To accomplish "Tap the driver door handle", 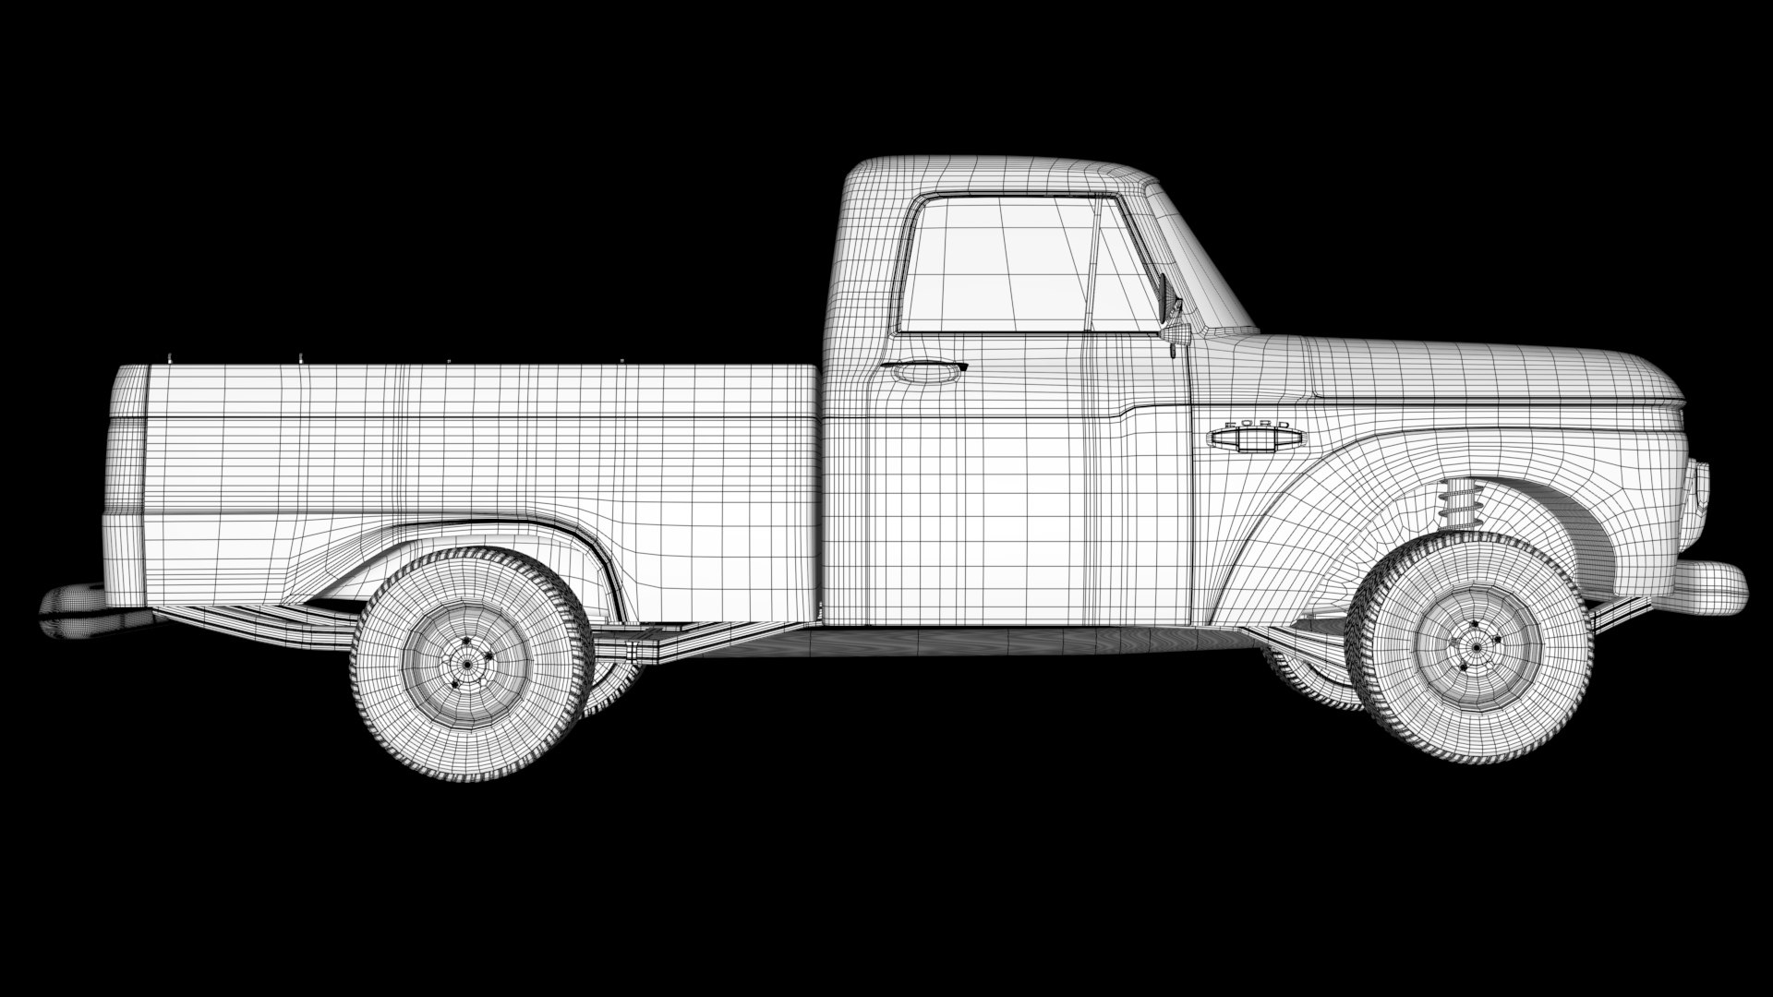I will pyautogui.click(x=923, y=371).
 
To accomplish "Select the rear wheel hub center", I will pyautogui.click(x=468, y=663).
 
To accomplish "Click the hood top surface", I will pyautogui.click(x=1477, y=365).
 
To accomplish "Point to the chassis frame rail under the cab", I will pyautogui.click(x=923, y=637).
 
